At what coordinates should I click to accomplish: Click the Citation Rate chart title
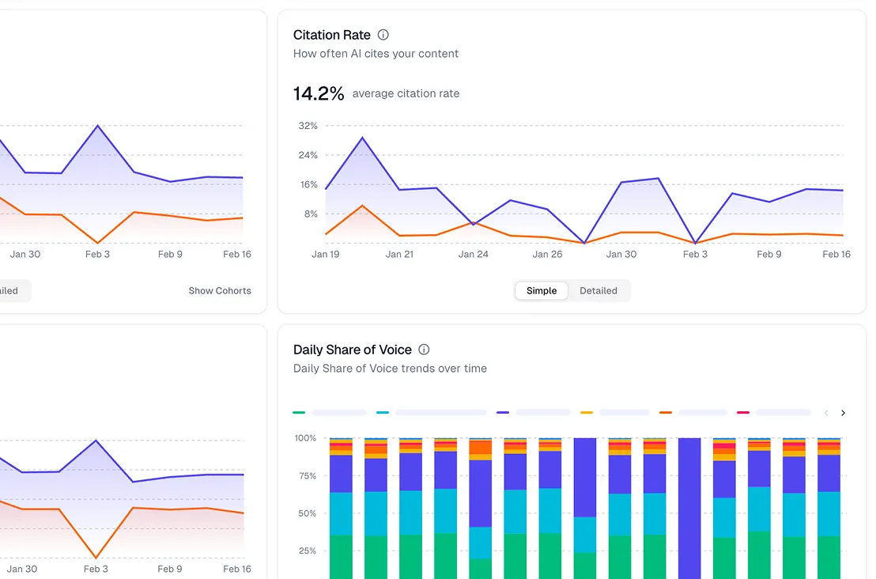tap(331, 35)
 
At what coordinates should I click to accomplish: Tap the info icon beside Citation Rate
tap(383, 35)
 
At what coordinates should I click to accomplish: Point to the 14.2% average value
tap(319, 93)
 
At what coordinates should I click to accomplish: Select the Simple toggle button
tap(542, 290)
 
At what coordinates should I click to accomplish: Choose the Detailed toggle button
tap(598, 290)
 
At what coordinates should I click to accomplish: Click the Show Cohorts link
tap(220, 290)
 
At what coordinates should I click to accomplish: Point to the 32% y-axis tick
tap(308, 126)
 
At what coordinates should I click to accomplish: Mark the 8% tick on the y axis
tap(309, 214)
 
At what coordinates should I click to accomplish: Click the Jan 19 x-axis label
tap(325, 254)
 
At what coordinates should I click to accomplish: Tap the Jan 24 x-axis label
tap(473, 254)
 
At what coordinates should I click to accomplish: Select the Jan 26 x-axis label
tap(547, 254)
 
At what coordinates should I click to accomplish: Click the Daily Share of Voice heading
tap(352, 350)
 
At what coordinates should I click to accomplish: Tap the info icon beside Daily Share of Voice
tap(424, 350)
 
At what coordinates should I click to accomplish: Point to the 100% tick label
tap(305, 437)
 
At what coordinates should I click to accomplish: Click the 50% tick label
tap(306, 513)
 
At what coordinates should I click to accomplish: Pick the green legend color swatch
tap(299, 412)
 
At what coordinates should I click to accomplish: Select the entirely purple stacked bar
tap(689, 506)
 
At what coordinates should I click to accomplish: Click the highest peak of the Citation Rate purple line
tap(362, 138)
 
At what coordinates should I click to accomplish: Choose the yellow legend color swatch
tap(587, 412)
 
